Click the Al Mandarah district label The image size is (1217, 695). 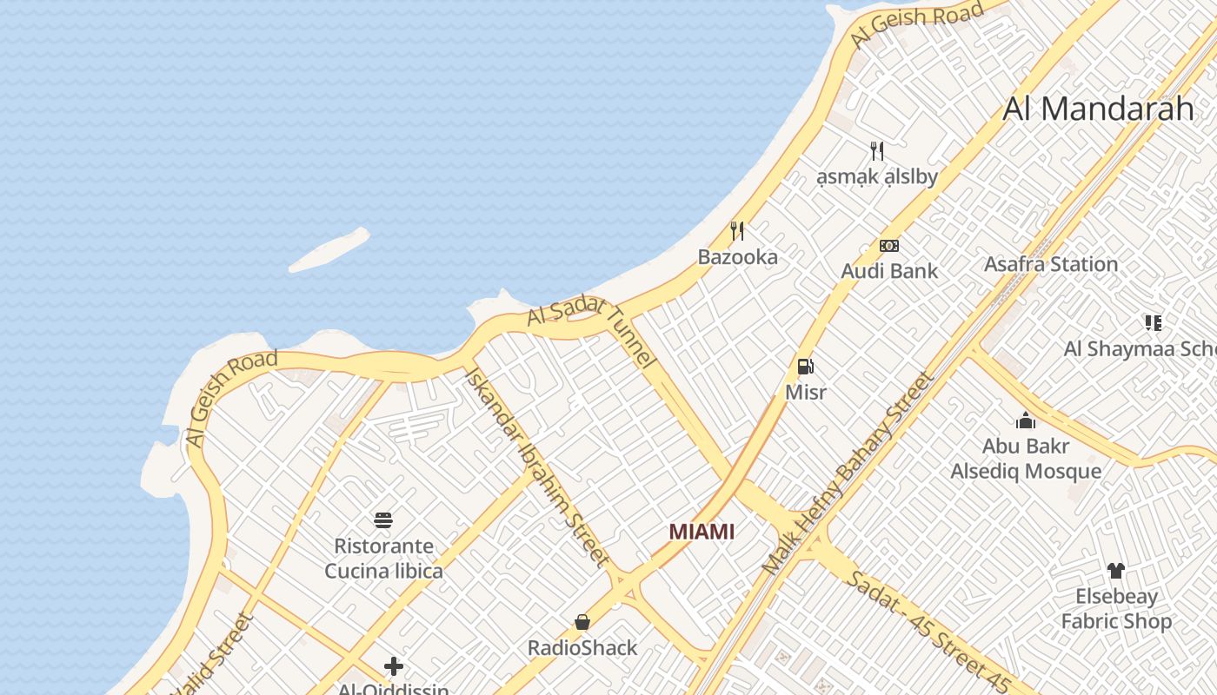[1098, 109]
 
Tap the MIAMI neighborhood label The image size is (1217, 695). [702, 532]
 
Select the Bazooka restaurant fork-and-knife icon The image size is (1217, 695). [737, 230]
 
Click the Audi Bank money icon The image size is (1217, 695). [888, 246]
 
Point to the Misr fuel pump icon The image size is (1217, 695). [805, 367]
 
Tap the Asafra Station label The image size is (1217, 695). [1050, 264]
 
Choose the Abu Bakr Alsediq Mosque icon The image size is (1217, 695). [1026, 421]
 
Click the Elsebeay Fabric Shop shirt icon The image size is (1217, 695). [1115, 571]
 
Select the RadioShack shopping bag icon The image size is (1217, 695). [582, 622]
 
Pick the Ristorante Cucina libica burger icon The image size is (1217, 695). [383, 520]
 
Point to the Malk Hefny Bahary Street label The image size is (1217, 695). [848, 473]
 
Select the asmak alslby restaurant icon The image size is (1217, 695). [877, 151]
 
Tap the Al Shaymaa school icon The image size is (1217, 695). [1154, 323]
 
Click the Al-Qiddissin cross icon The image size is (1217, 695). [394, 666]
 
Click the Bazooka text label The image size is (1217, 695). [737, 257]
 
